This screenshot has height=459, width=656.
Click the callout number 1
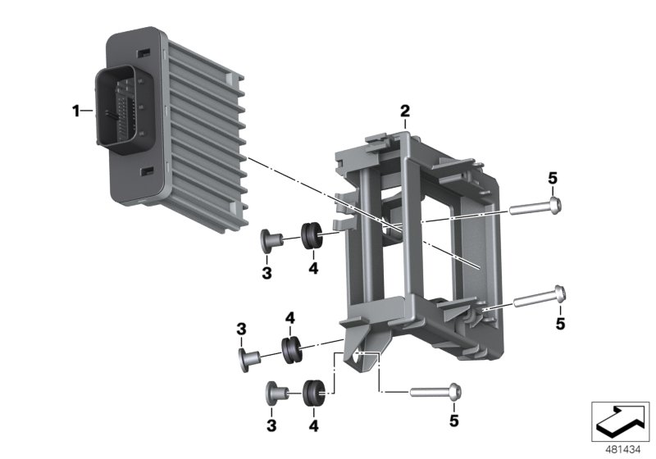click(76, 111)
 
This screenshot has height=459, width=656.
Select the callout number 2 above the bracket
click(404, 110)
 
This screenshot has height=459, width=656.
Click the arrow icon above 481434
click(620, 420)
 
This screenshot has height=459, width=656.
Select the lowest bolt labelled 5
click(433, 393)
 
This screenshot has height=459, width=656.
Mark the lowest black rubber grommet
click(313, 392)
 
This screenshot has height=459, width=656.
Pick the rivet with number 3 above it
click(248, 357)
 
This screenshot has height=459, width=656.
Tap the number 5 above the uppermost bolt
click(553, 178)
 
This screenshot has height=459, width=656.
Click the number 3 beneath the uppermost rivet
click(266, 270)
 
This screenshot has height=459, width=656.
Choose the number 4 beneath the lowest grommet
click(313, 425)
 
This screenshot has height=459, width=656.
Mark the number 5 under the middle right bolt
click(560, 324)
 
